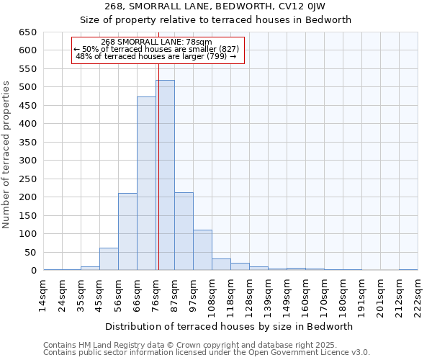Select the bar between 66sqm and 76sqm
click(x=146, y=184)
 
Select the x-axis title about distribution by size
click(x=230, y=326)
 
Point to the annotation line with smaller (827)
click(x=156, y=49)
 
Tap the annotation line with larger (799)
click(x=156, y=56)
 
